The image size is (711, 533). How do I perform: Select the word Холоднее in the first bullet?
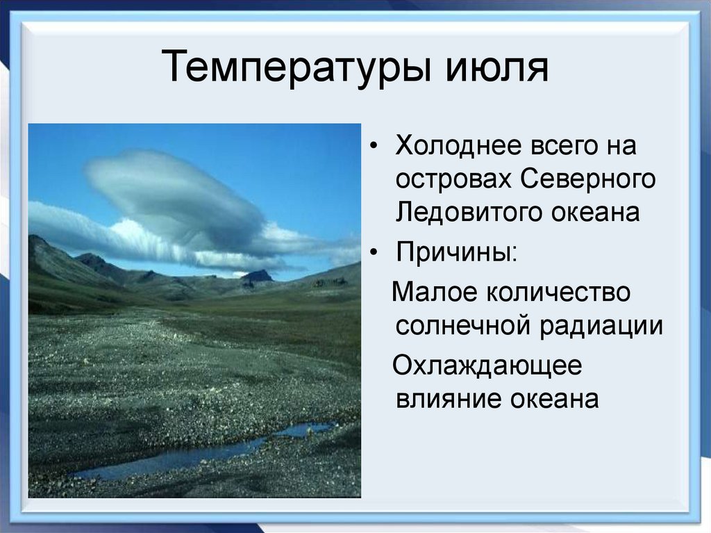(x=453, y=147)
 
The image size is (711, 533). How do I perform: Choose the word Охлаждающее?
(x=487, y=366)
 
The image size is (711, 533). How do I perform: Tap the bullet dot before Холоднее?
(x=376, y=148)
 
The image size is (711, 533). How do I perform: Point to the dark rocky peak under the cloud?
(x=258, y=277)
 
